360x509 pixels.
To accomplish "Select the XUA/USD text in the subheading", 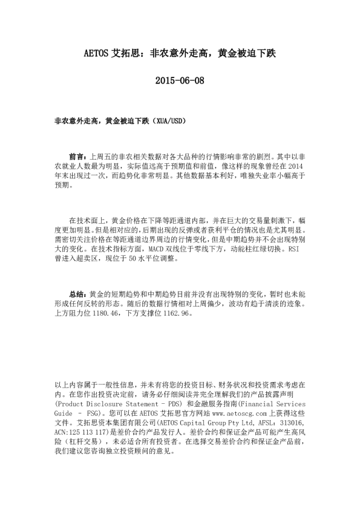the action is click(169, 120).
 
